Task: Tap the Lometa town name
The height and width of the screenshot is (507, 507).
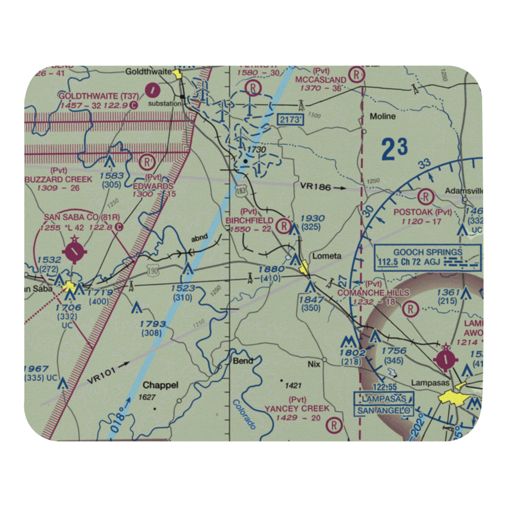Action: pos(327,256)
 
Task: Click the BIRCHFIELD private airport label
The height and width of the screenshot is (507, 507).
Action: pos(249,221)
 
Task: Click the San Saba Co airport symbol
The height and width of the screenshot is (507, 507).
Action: pos(75,250)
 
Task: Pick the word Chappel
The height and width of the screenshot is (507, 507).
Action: pos(160,385)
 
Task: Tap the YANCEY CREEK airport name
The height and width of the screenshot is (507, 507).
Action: pos(297,408)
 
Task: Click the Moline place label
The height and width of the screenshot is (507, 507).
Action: pos(382,116)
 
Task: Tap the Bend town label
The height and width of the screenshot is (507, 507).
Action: pos(242,361)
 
